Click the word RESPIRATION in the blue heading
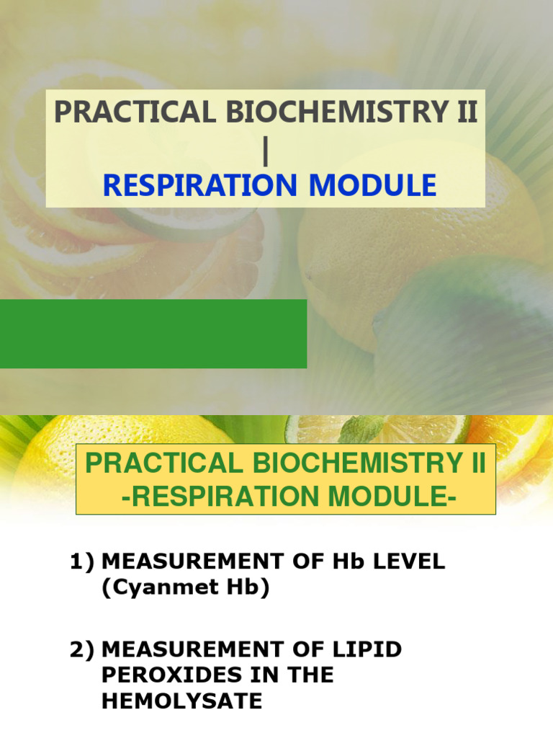click(x=190, y=185)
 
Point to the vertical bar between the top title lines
click(x=266, y=150)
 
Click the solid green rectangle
click(x=153, y=334)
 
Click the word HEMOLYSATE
click(x=182, y=701)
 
